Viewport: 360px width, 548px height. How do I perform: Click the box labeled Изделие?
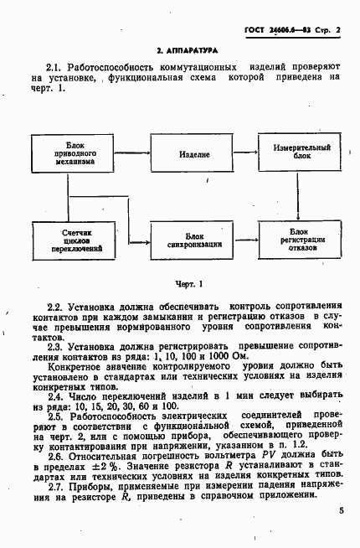[193, 156]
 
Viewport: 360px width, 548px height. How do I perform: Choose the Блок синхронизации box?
[193, 240]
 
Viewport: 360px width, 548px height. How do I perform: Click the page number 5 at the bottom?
[342, 510]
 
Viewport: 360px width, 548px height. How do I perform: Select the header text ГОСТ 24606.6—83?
[275, 31]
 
